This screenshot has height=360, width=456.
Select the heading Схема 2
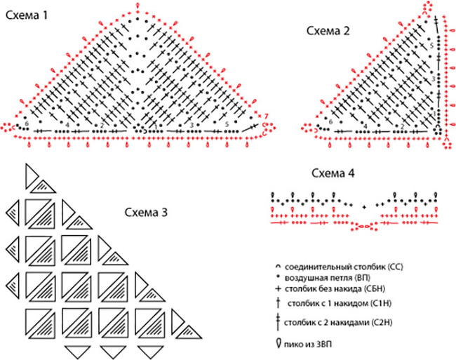[x=328, y=31]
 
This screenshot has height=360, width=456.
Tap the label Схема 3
[x=146, y=212]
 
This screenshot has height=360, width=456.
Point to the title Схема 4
[x=335, y=174]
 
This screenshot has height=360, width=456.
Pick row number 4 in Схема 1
[x=67, y=124]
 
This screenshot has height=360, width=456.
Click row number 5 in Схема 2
[x=431, y=46]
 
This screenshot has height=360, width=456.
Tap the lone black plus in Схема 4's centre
[x=364, y=207]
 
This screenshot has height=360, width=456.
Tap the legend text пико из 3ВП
[x=314, y=345]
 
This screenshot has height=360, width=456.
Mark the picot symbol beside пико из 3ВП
[x=280, y=345]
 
